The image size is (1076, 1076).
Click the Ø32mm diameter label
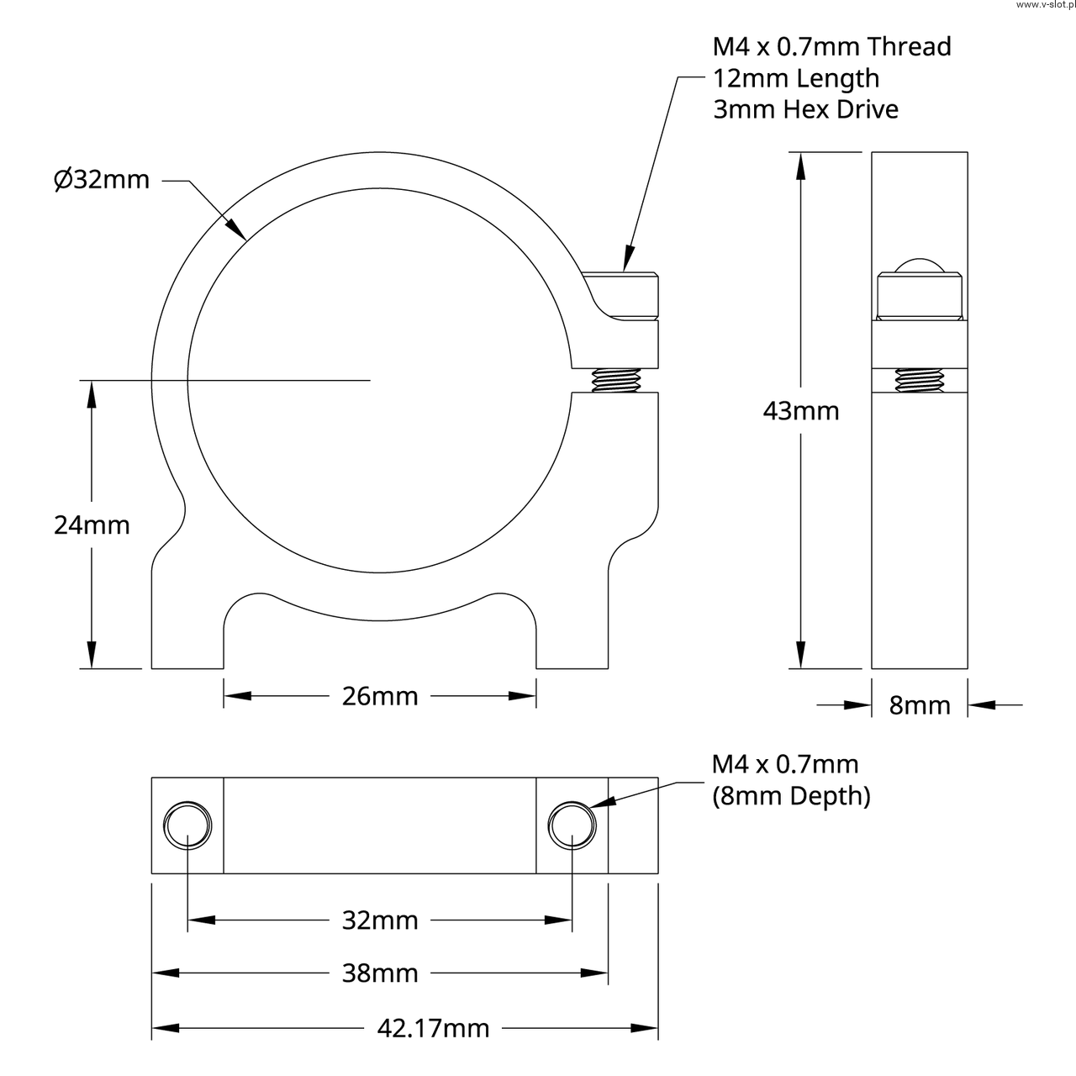click(102, 181)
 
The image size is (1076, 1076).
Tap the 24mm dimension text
click(92, 525)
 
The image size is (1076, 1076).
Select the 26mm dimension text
click(380, 696)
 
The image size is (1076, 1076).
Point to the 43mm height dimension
click(801, 411)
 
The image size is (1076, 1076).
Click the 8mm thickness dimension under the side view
click(920, 705)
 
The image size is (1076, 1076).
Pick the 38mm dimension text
click(380, 973)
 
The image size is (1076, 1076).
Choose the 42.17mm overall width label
click(433, 1029)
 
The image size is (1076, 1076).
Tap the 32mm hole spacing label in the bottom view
click(380, 920)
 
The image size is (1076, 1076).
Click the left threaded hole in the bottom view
click(187, 825)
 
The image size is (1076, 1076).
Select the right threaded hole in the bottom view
click(572, 825)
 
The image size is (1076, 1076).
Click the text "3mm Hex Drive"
click(806, 109)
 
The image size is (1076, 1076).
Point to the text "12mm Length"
click(796, 78)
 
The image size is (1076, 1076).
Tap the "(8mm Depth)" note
click(791, 796)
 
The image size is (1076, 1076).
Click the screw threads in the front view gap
click(616, 380)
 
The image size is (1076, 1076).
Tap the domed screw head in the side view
click(920, 266)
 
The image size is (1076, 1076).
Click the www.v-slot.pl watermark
click(1045, 5)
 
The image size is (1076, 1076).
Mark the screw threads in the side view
click(920, 380)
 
